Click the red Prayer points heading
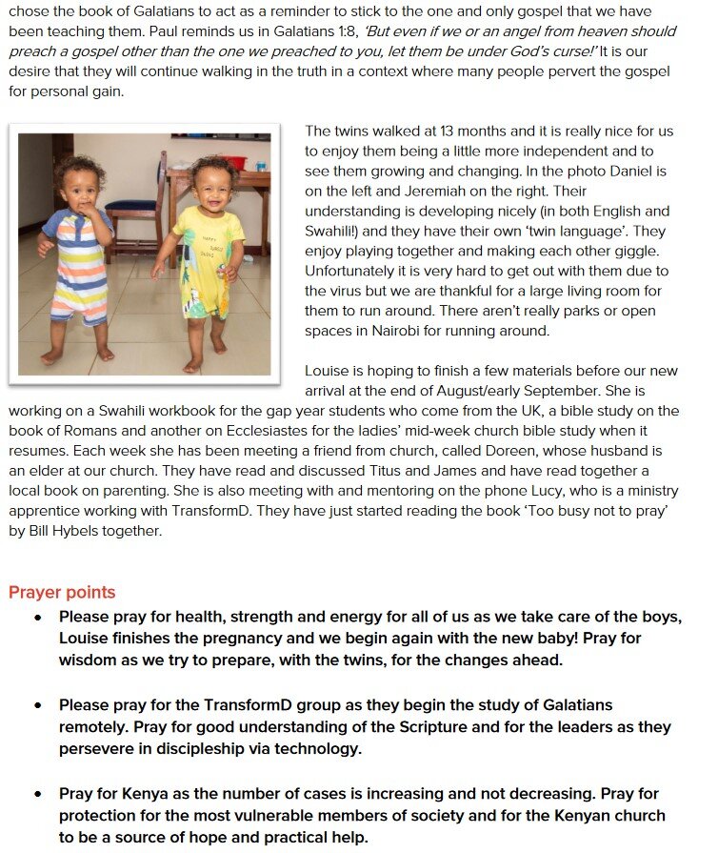(x=62, y=593)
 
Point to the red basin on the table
(x=232, y=163)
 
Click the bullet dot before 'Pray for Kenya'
(x=38, y=794)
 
